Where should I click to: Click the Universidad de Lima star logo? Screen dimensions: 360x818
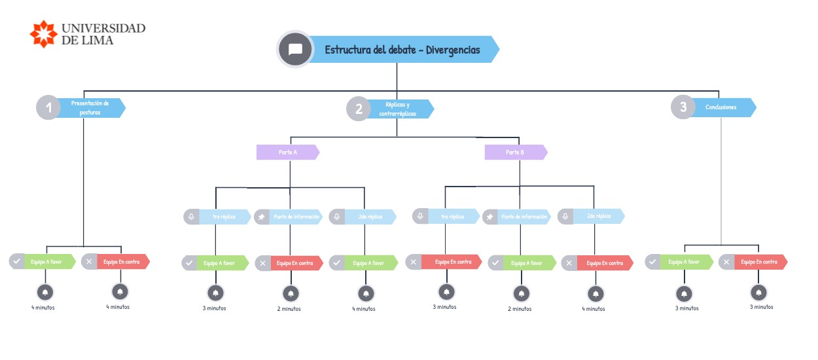[44, 33]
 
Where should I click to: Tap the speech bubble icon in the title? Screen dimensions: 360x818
[295, 50]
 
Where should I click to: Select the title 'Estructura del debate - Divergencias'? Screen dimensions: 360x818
[402, 50]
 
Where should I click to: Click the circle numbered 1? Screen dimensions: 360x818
[48, 107]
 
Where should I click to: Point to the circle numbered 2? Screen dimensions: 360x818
[359, 109]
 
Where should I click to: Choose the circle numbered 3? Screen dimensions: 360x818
[683, 107]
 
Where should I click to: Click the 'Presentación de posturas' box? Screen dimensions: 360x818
[90, 107]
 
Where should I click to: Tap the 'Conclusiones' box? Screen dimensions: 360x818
[722, 107]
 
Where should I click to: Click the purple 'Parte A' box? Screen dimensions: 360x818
[288, 153]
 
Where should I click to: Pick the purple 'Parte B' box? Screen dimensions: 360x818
[516, 153]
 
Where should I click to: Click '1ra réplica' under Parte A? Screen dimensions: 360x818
[225, 217]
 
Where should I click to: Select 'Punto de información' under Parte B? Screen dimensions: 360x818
[525, 217]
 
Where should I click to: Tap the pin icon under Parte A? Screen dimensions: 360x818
[262, 217]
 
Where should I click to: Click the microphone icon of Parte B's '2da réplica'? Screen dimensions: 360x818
[565, 216]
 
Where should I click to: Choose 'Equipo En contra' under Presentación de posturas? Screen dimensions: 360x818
[122, 262]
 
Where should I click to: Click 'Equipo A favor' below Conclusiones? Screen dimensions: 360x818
[685, 262]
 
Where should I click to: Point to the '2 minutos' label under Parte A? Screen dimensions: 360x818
[289, 309]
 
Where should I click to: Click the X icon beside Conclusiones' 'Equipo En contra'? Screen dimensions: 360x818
[726, 262]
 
